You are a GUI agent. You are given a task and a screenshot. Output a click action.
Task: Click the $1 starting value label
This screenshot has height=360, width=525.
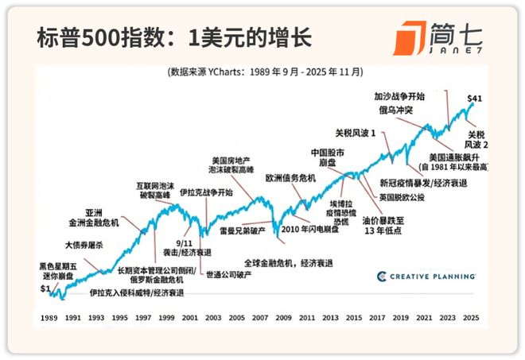tap(45, 289)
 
